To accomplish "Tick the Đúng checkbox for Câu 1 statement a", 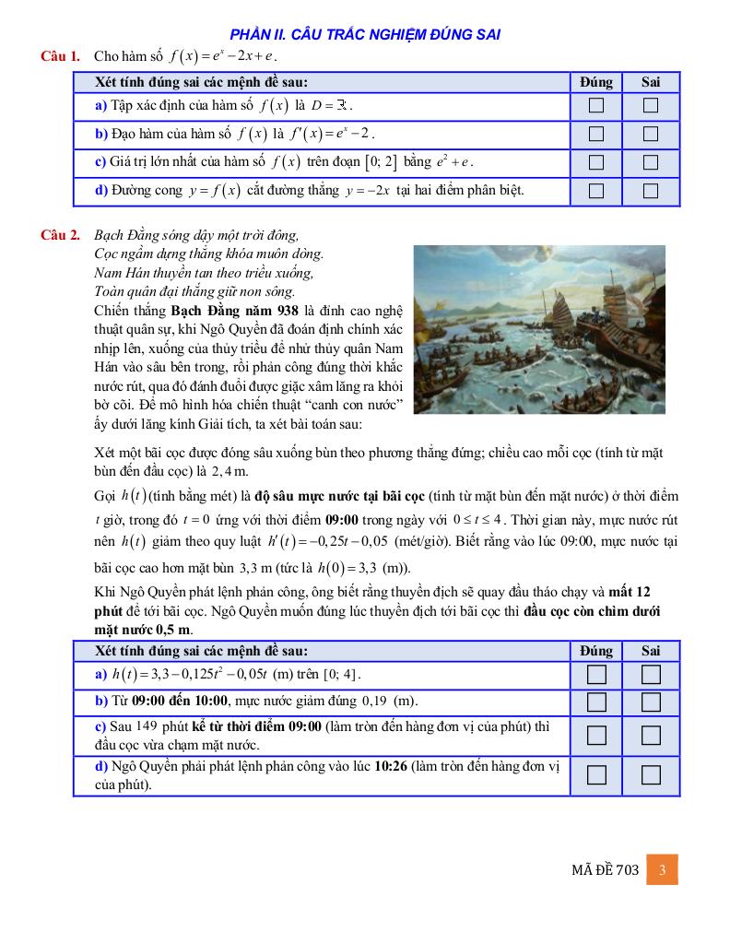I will click(596, 105).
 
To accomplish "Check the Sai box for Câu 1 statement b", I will click(651, 134).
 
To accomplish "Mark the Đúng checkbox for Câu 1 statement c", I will click(596, 162).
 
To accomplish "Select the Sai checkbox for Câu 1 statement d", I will click(651, 191).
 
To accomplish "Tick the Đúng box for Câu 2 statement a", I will click(596, 675).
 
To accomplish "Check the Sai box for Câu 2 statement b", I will click(651, 703).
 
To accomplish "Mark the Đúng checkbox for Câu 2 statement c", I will click(596, 735).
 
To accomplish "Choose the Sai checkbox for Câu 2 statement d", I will click(651, 774).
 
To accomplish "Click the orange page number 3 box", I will click(662, 869).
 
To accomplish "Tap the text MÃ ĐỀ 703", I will click(605, 870).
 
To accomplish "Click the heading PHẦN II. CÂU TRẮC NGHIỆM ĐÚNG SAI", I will click(365, 35).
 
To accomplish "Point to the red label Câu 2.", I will click(60, 234).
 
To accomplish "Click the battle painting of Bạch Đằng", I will click(539, 329).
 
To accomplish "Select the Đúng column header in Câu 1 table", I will click(596, 82).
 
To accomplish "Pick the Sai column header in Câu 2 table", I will click(651, 651).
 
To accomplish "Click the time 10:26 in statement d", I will click(392, 767).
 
